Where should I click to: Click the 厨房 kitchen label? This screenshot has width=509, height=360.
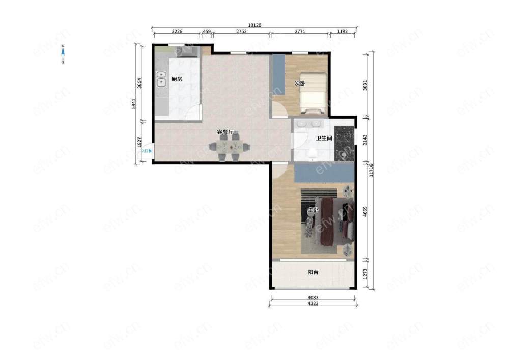177,79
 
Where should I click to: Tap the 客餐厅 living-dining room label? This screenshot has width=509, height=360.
225,132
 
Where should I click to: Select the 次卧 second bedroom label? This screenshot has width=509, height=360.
300,84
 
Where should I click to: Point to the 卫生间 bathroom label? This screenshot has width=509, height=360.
324,138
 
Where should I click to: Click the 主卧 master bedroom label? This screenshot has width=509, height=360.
313,210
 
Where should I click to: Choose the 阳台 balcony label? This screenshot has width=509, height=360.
313,272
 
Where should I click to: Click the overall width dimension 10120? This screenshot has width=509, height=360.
254,25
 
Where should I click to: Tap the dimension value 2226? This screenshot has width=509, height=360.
177,32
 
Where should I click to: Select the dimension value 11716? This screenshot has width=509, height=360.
371,171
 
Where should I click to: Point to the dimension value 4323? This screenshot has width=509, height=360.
313,303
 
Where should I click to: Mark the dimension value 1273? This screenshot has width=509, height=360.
365,273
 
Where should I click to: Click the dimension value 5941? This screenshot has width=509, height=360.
134,103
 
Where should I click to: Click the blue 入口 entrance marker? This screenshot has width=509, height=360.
147,151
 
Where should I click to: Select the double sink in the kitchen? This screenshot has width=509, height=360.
161,79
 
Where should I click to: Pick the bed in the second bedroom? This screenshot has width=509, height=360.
313,93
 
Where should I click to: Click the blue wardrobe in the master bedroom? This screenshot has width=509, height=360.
324,173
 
